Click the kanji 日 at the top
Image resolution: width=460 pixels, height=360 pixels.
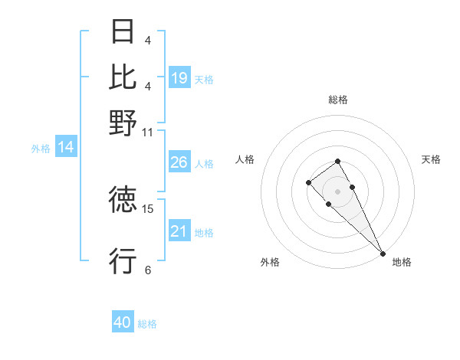pyautogui.click(x=123, y=32)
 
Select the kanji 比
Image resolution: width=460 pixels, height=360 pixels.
pyautogui.click(x=123, y=77)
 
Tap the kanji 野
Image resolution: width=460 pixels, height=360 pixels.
pyautogui.click(x=123, y=122)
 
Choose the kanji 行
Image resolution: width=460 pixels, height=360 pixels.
pyautogui.click(x=123, y=261)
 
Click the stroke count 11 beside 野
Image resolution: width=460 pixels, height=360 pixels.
pyautogui.click(x=148, y=132)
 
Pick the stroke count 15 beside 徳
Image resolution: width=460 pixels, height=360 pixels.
pyautogui.click(x=148, y=208)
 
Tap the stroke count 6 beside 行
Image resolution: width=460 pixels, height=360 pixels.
pyautogui.click(x=148, y=270)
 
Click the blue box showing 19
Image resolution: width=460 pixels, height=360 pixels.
pyautogui.click(x=179, y=77)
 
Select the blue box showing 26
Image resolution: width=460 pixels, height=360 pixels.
pyautogui.click(x=179, y=162)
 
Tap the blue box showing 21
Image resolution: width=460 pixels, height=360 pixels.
pyautogui.click(x=179, y=231)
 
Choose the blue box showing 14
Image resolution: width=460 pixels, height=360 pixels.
pyautogui.click(x=66, y=147)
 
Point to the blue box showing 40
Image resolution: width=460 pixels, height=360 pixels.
pyautogui.click(x=123, y=322)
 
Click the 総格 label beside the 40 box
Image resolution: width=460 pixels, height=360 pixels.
pyautogui.click(x=147, y=324)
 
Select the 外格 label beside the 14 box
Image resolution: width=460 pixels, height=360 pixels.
pyautogui.click(x=41, y=149)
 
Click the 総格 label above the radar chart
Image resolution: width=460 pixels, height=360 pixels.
pyautogui.click(x=338, y=100)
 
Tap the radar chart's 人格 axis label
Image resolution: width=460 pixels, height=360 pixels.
pyautogui.click(x=245, y=159)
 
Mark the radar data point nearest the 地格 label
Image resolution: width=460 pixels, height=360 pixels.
pyautogui.click(x=383, y=254)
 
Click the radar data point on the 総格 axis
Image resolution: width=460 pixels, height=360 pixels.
pyautogui.click(x=337, y=161)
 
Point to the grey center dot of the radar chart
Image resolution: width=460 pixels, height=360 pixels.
pyautogui.click(x=337, y=191)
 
